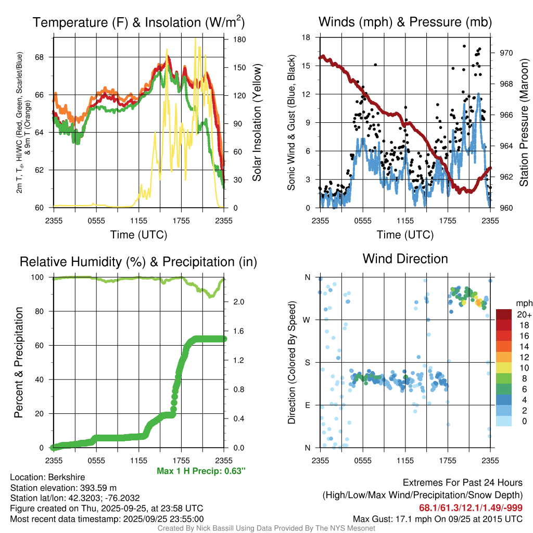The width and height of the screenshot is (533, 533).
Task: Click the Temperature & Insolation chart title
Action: point(138,22)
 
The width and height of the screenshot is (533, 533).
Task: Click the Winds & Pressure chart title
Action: point(405,22)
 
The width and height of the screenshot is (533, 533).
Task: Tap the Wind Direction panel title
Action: point(405,259)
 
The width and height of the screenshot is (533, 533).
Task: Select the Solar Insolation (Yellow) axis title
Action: point(257,122)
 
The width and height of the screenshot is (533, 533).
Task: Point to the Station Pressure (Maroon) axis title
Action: point(524,122)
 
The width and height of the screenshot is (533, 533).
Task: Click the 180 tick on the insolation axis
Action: point(239,39)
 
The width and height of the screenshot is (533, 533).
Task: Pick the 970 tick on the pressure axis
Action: point(506,53)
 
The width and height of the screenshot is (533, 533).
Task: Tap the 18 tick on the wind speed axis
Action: point(307,37)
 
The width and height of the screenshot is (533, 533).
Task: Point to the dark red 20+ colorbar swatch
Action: point(503,314)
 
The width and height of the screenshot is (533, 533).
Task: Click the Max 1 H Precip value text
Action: point(200,471)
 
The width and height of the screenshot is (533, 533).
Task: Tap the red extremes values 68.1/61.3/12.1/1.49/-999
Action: point(471,507)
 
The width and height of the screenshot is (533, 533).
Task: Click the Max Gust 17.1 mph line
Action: point(438,518)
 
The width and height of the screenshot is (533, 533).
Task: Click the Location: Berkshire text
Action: point(47,477)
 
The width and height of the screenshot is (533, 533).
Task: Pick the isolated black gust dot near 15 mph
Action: point(375,65)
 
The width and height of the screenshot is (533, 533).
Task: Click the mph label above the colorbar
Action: point(523,303)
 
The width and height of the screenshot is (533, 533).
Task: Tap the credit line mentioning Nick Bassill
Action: point(266,528)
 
